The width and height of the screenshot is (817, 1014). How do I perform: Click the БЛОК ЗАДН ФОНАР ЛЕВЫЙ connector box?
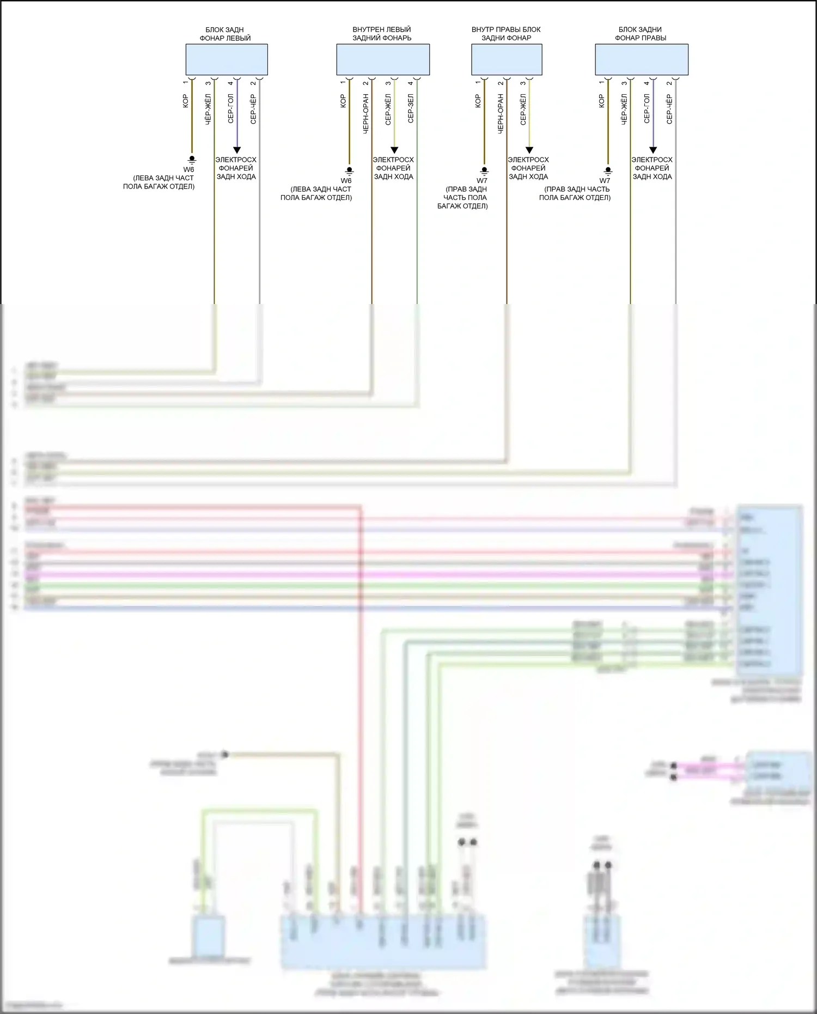click(x=227, y=60)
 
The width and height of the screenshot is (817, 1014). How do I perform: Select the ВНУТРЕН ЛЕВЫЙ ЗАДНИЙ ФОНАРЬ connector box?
click(x=383, y=60)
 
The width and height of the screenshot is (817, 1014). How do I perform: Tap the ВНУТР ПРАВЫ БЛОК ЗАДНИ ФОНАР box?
click(x=507, y=60)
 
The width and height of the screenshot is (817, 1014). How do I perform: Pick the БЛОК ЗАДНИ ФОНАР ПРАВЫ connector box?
click(x=642, y=60)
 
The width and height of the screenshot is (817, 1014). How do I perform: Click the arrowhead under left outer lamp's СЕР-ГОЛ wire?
click(x=236, y=150)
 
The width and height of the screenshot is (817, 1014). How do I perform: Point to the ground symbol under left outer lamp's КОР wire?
click(x=192, y=160)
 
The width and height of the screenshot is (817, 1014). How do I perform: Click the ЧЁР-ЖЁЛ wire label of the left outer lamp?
click(x=208, y=110)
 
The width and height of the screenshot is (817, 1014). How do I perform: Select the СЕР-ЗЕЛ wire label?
click(x=411, y=108)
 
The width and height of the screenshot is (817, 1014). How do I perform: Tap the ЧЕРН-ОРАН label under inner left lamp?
click(x=366, y=113)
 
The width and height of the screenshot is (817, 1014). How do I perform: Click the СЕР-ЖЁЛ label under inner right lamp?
click(x=523, y=110)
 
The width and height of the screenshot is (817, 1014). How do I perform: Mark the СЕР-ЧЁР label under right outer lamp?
click(x=669, y=110)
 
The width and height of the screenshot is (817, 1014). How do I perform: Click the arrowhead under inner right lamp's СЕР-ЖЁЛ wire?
click(x=529, y=150)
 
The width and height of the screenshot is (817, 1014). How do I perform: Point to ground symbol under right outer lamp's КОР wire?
click(x=608, y=171)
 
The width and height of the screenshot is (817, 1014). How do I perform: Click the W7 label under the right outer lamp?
click(x=605, y=181)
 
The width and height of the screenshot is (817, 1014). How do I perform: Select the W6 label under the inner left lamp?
click(x=346, y=181)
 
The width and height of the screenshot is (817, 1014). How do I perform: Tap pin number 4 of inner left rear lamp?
click(x=411, y=83)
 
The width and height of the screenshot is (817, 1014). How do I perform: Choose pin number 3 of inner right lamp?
click(x=523, y=83)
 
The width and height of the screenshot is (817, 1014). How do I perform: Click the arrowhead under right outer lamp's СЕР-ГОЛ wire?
click(x=653, y=150)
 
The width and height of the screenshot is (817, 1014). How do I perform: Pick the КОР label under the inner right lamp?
click(x=478, y=101)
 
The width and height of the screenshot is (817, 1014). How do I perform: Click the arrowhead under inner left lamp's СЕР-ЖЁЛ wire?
click(x=394, y=150)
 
